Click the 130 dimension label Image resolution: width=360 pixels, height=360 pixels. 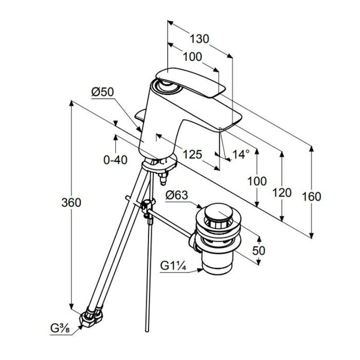point(200,39)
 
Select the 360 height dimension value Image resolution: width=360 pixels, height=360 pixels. point(71,203)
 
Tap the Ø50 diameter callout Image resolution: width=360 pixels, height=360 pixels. point(102,92)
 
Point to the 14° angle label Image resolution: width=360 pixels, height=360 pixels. point(241,154)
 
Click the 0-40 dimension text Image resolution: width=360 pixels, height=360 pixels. point(115,160)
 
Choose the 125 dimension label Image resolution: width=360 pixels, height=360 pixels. point(192,154)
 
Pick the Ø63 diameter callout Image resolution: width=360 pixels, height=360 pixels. point(176,195)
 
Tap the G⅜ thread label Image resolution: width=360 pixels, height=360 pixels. point(60,329)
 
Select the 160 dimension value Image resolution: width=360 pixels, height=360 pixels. point(311,197)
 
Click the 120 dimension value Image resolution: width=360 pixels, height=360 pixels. point(282,192)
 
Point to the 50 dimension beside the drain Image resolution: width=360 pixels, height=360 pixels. point(259,250)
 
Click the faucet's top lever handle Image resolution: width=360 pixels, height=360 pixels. point(190,83)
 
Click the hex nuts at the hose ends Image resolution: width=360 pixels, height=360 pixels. point(91,316)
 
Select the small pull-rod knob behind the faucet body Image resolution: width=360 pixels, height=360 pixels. point(140,115)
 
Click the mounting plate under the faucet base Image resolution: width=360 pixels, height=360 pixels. point(159,165)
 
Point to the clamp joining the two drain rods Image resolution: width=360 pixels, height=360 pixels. point(147,205)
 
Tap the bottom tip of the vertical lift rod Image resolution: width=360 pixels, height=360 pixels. point(147,331)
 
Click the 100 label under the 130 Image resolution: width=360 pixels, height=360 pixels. point(192,57)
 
